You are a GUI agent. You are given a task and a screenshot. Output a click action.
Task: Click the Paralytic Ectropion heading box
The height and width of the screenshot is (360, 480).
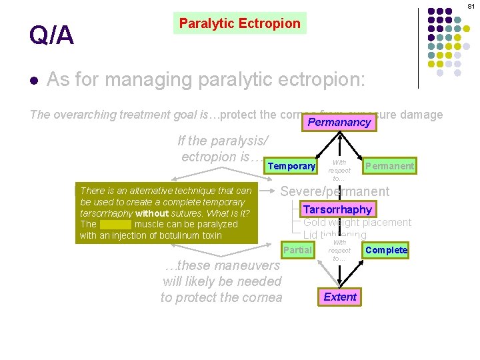(239, 24)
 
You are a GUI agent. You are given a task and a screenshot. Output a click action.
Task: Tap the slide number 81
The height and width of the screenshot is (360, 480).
(471, 5)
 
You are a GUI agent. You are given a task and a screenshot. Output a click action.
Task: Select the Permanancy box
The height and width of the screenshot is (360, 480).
(339, 123)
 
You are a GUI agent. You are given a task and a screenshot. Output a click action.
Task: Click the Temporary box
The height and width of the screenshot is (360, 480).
(291, 166)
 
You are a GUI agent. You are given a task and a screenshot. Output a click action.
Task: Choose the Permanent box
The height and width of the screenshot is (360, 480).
(389, 165)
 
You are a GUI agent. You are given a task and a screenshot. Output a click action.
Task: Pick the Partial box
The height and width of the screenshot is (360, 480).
(297, 250)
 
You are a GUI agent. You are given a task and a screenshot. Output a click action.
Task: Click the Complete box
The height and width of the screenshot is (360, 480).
(387, 250)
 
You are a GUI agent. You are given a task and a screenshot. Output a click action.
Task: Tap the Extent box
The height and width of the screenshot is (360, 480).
(340, 297)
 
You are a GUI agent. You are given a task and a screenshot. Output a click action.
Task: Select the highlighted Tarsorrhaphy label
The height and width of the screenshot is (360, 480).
(337, 209)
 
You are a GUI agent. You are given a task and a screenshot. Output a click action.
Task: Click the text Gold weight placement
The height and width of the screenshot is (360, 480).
(357, 223)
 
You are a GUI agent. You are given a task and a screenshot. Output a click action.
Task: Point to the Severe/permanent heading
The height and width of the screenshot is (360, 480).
(335, 191)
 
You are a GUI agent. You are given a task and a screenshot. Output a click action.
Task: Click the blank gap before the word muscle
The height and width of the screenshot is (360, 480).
(115, 225)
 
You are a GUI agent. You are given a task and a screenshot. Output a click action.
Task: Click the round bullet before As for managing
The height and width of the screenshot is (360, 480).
(33, 81)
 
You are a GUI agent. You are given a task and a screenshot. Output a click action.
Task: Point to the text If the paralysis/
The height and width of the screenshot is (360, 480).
(223, 141)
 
